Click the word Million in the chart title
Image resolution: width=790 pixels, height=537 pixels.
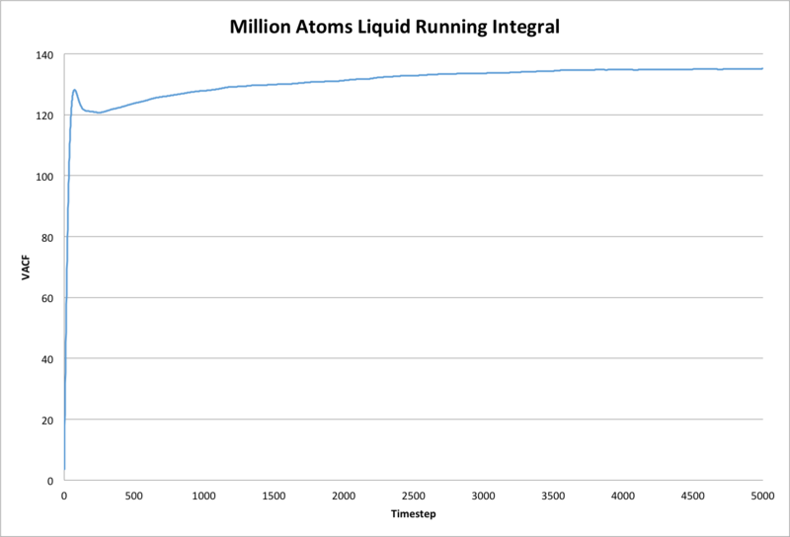(x=262, y=26)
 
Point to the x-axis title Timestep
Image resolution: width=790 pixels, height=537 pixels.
(x=413, y=514)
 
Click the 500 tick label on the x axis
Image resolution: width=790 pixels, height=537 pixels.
(x=134, y=495)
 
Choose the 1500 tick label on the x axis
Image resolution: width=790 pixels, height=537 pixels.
(x=274, y=495)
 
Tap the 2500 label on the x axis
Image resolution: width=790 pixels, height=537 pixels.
(x=414, y=495)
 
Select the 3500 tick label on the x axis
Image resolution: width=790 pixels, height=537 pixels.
(x=553, y=495)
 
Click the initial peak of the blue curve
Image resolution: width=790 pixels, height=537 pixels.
(x=75, y=90)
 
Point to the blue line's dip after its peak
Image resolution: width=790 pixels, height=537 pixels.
(x=99, y=113)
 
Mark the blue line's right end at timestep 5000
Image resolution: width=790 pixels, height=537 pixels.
(x=762, y=69)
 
